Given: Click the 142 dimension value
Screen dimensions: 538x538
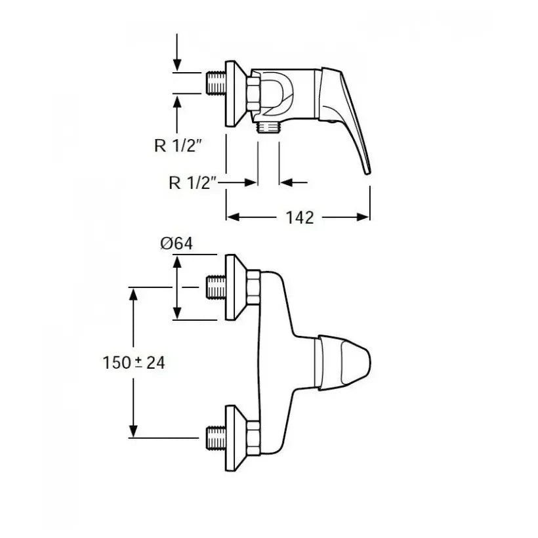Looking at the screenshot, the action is pyautogui.click(x=300, y=218).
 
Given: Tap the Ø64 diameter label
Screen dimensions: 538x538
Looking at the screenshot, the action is pyautogui.click(x=176, y=243).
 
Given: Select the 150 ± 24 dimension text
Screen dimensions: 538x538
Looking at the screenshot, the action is pyautogui.click(x=134, y=363).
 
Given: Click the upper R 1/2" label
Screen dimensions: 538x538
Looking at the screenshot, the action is pyautogui.click(x=177, y=146).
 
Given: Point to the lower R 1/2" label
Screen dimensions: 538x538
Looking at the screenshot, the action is pyautogui.click(x=192, y=182).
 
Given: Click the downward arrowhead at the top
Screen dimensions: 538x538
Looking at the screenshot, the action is pyautogui.click(x=177, y=64).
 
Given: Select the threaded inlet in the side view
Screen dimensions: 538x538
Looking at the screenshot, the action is pyautogui.click(x=216, y=83).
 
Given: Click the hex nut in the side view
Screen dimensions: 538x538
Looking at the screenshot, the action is pyautogui.click(x=253, y=93).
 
